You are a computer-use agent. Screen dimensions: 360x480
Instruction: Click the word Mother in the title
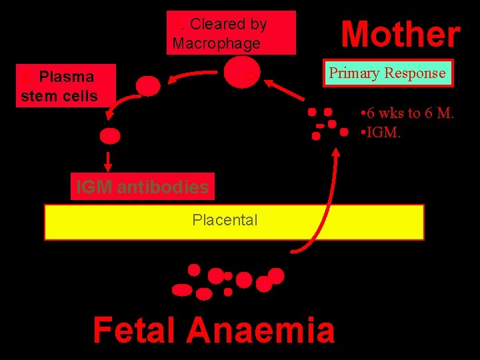pos(401,34)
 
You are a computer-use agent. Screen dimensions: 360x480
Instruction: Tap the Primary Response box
pos(387,73)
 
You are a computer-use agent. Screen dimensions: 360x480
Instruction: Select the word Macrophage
pos(216,43)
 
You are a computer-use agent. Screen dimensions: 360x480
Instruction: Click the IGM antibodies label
pos(142,187)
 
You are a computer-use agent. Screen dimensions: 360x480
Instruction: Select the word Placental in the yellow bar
pos(225,220)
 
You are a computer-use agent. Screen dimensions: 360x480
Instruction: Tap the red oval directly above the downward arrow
pos(110,136)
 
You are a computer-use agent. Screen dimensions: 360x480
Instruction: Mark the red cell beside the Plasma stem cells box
pos(148,86)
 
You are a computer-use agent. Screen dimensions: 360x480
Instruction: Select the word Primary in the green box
pos(354,73)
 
